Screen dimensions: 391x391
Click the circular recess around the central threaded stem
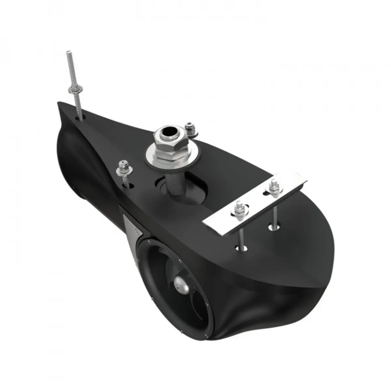click(192, 189)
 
